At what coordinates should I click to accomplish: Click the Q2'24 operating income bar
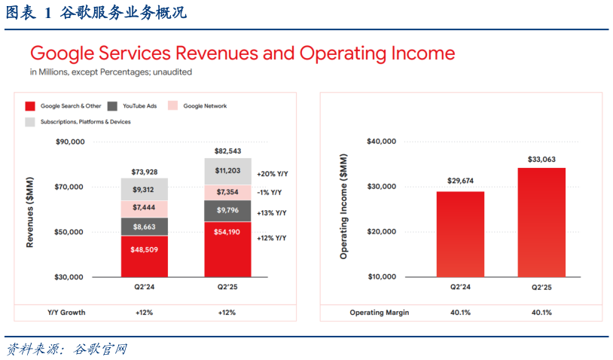coord(460,234)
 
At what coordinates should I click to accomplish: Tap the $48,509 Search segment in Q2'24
coord(145,256)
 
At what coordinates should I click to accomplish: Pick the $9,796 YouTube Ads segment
coord(228,211)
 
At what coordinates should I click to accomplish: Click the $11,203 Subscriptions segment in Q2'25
coord(228,172)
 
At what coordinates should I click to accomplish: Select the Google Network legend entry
coord(205,106)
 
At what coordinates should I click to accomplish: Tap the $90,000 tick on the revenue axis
coord(69,142)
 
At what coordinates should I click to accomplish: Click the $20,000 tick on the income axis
coord(380,232)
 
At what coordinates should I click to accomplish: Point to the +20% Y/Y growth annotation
coord(272,173)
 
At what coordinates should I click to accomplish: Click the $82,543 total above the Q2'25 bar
coord(228,151)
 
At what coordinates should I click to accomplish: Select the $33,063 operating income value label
coord(541,160)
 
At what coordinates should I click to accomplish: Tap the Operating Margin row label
coord(379,313)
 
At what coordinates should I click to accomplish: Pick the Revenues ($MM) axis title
coord(31,209)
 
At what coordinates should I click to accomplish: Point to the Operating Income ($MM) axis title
coord(343,209)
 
